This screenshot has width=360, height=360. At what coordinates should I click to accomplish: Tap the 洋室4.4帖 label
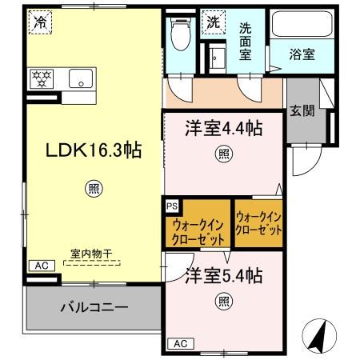223,127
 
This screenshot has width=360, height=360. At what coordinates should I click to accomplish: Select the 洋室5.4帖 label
224,277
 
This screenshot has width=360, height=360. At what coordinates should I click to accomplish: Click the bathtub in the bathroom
301,24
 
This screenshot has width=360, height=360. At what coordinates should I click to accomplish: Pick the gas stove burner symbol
41,78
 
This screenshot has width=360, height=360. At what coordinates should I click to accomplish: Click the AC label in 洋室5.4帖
181,343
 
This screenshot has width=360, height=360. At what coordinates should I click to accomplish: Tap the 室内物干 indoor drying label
89,254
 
